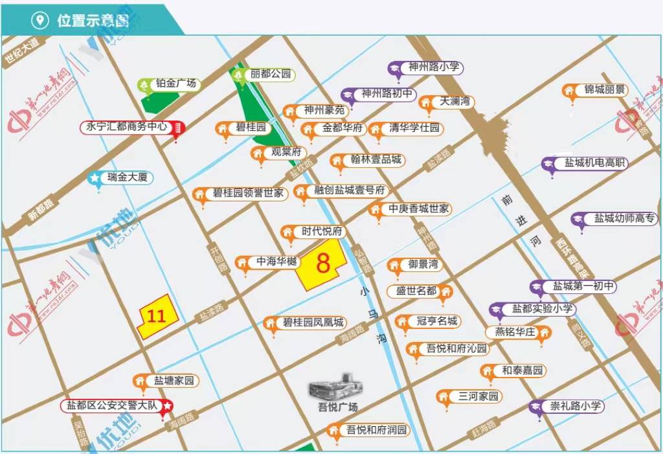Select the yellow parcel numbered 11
[x=155, y=316]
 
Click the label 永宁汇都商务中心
[x=127, y=127]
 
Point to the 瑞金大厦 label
[x=127, y=177]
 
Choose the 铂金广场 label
[x=175, y=84]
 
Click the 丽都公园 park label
[x=270, y=74]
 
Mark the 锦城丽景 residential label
[x=603, y=90]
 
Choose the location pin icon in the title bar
[x=40, y=20]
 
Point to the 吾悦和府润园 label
[x=375, y=430]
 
